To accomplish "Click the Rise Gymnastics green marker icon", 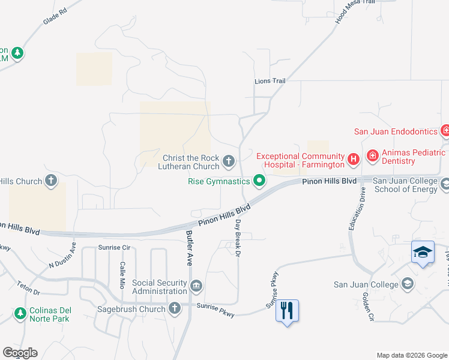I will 259,180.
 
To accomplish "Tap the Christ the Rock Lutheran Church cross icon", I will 228,161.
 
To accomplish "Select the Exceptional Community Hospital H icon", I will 354,159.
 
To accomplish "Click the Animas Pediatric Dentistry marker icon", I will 372,156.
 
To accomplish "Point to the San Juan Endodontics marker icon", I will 445,130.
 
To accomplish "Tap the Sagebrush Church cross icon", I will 175,308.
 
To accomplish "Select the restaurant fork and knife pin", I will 287,310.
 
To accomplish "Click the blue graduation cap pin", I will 423,252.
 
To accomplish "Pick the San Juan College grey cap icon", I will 408,284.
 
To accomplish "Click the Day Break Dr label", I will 238,238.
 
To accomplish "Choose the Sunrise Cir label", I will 114,247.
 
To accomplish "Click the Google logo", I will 20,353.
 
